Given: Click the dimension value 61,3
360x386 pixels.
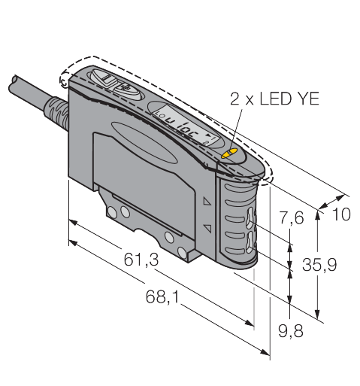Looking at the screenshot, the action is [x=141, y=260].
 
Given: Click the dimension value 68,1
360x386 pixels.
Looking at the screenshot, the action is [x=163, y=297].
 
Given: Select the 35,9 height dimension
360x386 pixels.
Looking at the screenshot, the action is [x=319, y=265].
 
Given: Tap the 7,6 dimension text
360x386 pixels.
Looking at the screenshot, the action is [x=292, y=217].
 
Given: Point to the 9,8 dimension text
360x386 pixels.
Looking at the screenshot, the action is [x=291, y=331].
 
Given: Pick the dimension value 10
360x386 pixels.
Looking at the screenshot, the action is [x=341, y=214].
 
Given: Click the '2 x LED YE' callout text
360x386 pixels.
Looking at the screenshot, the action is [x=274, y=99].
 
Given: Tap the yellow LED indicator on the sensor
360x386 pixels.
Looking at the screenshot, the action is [x=229, y=153].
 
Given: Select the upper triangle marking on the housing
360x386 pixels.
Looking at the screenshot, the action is [x=207, y=202].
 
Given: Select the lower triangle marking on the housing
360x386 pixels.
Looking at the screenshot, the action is [x=208, y=228].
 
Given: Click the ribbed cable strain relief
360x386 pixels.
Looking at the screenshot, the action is [x=56, y=113].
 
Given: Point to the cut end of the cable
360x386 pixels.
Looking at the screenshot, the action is [x=13, y=84].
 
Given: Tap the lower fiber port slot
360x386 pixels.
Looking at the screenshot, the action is [x=250, y=242].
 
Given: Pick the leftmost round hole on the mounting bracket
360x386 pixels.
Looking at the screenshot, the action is [x=112, y=213].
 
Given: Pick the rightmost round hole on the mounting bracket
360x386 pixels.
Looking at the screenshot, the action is [x=182, y=252].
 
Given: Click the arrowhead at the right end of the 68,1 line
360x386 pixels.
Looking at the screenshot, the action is [x=265, y=352].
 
